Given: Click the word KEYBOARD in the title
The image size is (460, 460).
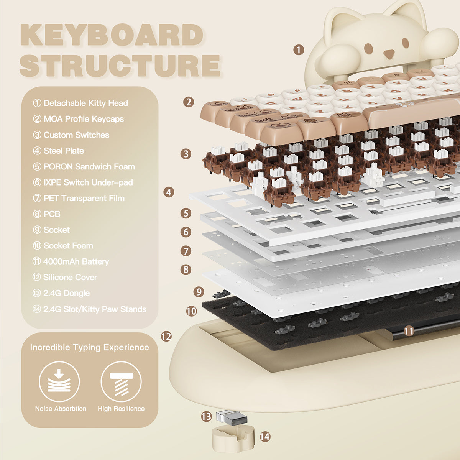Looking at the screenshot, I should [x=111, y=35].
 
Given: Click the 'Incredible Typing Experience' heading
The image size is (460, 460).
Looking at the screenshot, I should [x=89, y=347].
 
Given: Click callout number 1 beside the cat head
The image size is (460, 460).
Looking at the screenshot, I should [x=299, y=49].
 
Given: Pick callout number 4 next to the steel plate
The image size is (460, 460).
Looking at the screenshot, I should [x=169, y=192].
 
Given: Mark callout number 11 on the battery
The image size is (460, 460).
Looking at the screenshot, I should [x=409, y=331].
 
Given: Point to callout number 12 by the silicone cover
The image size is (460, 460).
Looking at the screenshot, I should [x=166, y=337].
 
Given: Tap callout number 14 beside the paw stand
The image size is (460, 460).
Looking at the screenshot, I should [x=265, y=436].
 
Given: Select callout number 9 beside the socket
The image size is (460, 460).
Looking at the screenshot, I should [x=198, y=292].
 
